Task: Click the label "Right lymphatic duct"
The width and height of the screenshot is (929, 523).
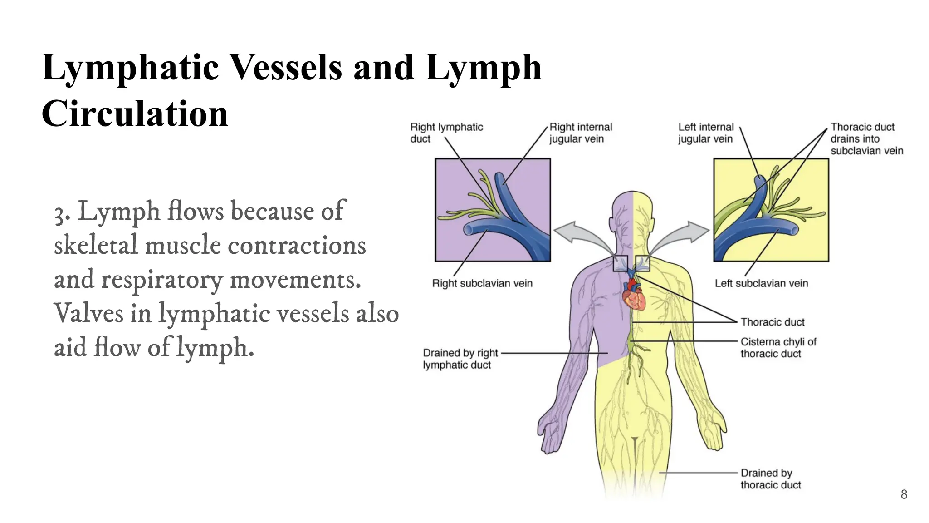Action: (446, 133)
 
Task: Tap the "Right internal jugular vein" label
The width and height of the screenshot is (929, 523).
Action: (581, 133)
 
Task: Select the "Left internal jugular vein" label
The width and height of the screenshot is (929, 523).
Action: (706, 133)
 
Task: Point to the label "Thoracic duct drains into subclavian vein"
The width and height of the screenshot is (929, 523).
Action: (867, 138)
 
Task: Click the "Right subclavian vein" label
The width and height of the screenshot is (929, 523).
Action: (482, 283)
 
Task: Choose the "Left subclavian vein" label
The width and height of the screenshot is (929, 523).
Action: (762, 283)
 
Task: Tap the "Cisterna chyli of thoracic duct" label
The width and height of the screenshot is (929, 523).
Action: (778, 348)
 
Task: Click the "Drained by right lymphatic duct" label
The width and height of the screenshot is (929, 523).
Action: (460, 359)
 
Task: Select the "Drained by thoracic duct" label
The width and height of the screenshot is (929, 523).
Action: (771, 479)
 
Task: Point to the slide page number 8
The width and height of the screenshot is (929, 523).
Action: (904, 494)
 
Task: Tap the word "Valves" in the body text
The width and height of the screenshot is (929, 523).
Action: (88, 313)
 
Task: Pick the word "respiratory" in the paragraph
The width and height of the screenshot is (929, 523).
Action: (162, 281)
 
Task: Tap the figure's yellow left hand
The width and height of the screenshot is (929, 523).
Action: (714, 429)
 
